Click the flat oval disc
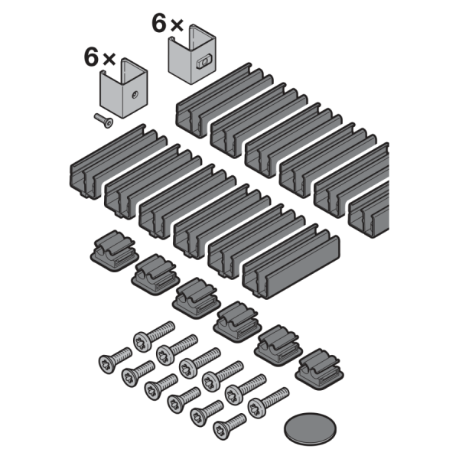pos(310,429)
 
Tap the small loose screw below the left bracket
pos(103,121)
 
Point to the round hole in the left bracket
pos(135,95)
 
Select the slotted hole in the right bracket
pos(203,62)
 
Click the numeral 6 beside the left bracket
pos(91,57)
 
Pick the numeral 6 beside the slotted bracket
pos(159,23)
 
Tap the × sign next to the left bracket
pos(109,59)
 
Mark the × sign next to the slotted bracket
pos(177,25)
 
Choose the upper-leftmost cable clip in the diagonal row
pos(114,250)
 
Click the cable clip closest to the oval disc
pos(319,368)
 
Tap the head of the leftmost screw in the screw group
pos(106,364)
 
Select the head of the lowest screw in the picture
pos(221,430)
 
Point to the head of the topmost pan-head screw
pos(142,341)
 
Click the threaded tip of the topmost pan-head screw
pos(171,324)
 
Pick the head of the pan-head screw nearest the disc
pos(257,408)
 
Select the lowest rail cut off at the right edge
pos(369,210)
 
